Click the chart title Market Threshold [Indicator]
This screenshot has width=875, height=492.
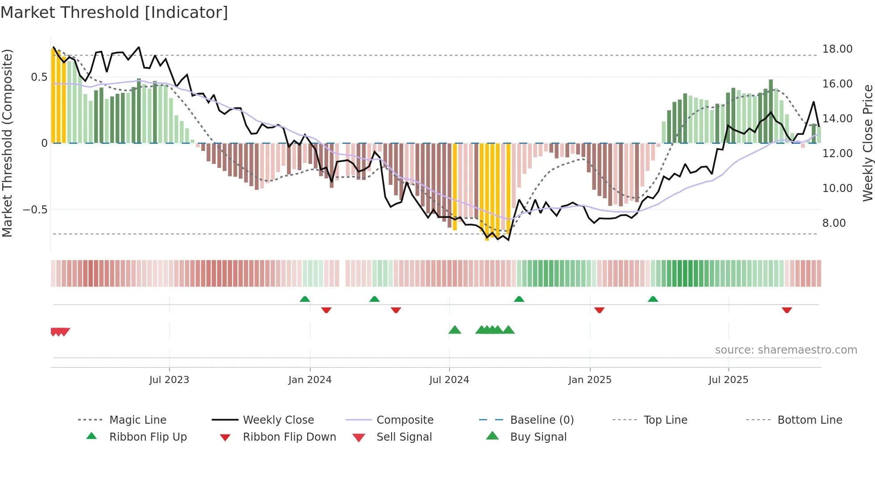tap(114, 13)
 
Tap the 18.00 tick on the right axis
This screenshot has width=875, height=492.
tap(837, 49)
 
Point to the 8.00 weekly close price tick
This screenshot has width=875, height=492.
tap(833, 223)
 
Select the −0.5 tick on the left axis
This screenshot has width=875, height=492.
tap(35, 210)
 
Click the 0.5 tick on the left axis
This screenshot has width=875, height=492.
tap(39, 77)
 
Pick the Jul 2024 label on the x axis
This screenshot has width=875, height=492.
tap(449, 380)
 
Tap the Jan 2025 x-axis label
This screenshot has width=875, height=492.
tap(590, 380)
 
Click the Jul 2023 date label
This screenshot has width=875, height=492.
tap(169, 380)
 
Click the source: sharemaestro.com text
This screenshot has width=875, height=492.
tap(786, 350)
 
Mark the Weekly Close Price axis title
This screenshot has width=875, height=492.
tap(867, 143)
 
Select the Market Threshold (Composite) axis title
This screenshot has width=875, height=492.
tap(7, 143)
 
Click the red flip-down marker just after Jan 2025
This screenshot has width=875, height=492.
tap(599, 310)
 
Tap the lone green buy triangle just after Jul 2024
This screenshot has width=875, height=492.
tap(454, 330)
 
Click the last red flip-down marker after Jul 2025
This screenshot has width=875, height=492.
tap(787, 310)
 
